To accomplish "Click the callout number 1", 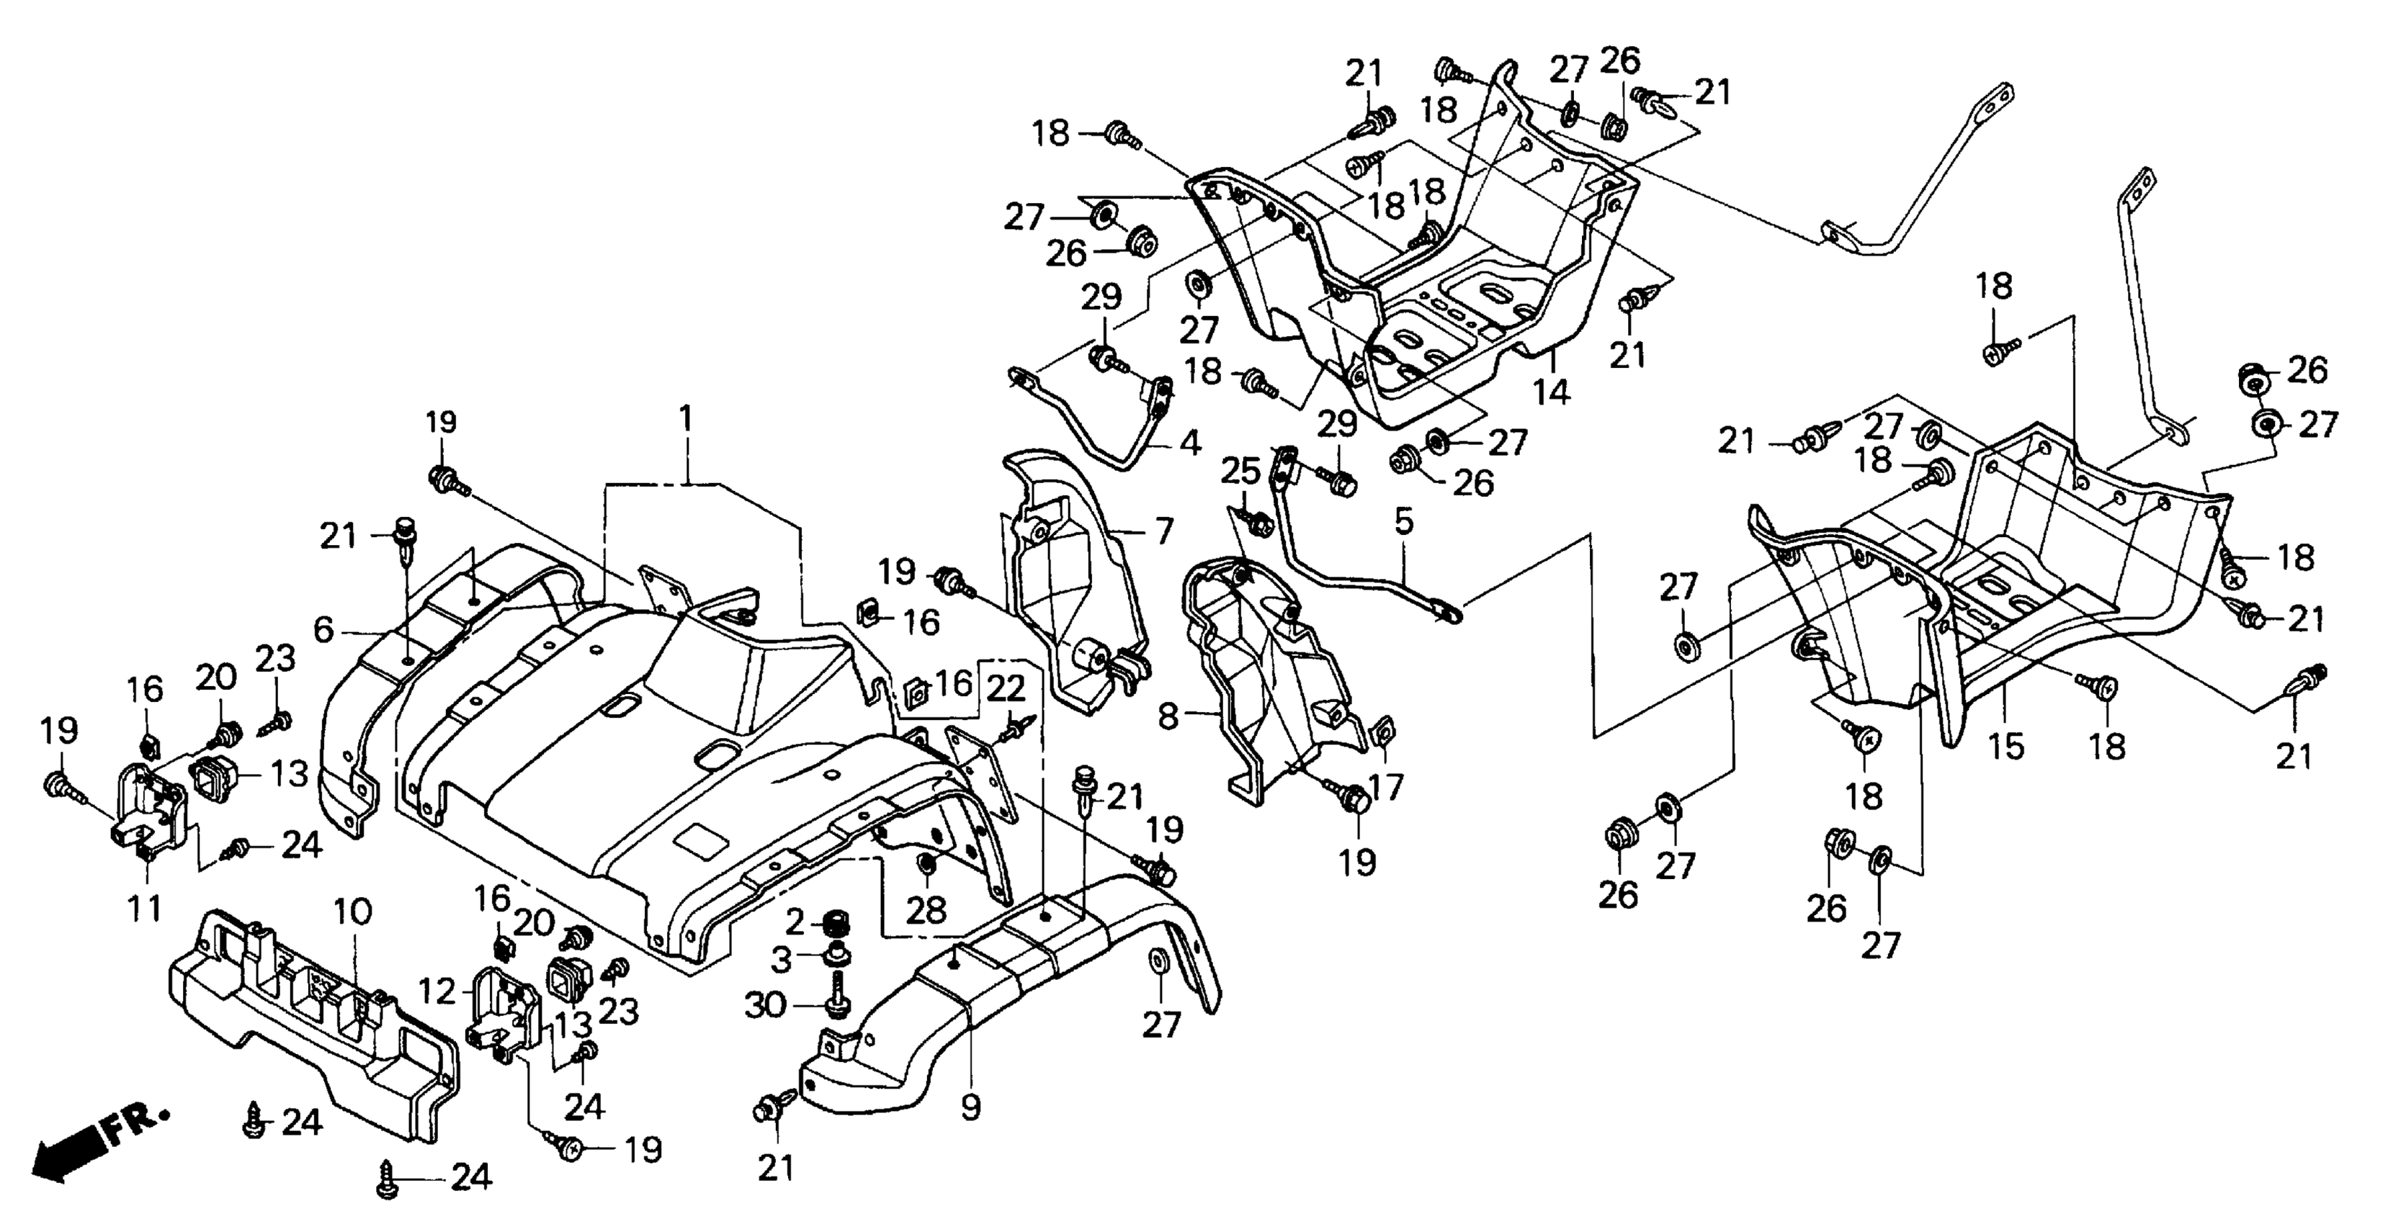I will click(685, 420).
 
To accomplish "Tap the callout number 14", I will click(1551, 392).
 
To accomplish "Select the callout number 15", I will click(2007, 746).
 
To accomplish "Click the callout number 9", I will click(970, 1107).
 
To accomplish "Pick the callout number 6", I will click(323, 631).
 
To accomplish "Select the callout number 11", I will click(145, 908).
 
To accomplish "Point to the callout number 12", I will click(437, 992).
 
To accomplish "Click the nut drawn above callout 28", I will click(925, 865).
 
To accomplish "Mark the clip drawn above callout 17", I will click(1380, 732).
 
